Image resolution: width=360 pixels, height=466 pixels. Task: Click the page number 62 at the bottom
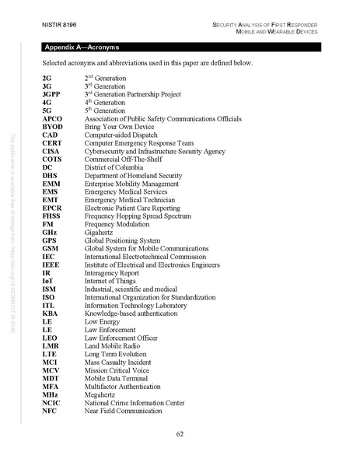[x=180, y=434]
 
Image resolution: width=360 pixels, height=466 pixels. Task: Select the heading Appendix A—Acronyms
[x=82, y=47]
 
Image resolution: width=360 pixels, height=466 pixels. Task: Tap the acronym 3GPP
[x=53, y=94]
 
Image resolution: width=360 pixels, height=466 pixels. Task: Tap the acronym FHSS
[x=52, y=215]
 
